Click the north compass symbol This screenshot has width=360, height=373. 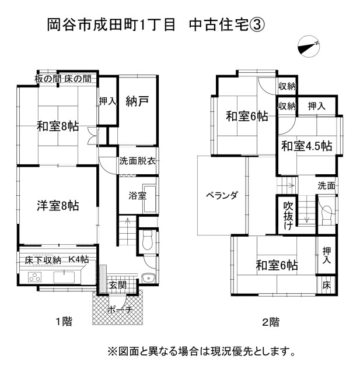pyautogui.click(x=309, y=47)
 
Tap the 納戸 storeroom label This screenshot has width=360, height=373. pyautogui.click(x=137, y=101)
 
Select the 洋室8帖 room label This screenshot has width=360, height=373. pyautogui.click(x=58, y=206)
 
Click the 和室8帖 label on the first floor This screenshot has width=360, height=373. pyautogui.click(x=58, y=126)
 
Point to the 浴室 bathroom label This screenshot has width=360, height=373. pyautogui.click(x=137, y=196)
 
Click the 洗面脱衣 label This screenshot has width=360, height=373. pyautogui.click(x=137, y=161)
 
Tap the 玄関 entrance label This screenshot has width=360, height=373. pyautogui.click(x=118, y=285)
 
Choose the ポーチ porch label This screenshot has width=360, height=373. pyautogui.click(x=120, y=309)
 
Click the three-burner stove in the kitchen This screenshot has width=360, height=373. pyautogui.click(x=35, y=277)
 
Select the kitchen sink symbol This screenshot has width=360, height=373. pyautogui.click(x=64, y=277)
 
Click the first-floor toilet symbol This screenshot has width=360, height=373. pyautogui.click(x=148, y=240)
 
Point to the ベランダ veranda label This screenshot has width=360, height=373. pyautogui.click(x=222, y=195)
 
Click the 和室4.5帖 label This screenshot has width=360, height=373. pyautogui.click(x=307, y=146)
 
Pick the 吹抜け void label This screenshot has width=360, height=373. pyautogui.click(x=288, y=216)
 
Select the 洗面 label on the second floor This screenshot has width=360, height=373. pyautogui.click(x=326, y=185)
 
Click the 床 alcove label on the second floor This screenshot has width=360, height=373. pyautogui.click(x=327, y=285)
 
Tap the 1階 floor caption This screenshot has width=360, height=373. pyautogui.click(x=64, y=322)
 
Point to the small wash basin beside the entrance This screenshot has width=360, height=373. pyautogui.click(x=148, y=278)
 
